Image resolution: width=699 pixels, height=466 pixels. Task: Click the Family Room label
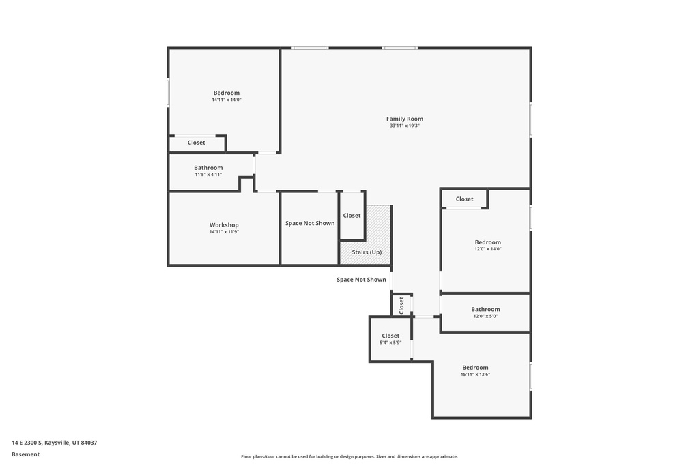(405, 119)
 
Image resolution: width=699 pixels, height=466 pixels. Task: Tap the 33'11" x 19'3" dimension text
(405, 126)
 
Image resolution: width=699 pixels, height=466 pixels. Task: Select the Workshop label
(224, 225)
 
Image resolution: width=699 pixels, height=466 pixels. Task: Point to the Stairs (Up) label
(367, 252)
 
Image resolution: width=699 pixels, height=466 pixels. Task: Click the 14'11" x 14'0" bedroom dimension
(227, 100)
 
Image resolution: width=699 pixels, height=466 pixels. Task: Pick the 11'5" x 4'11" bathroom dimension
(208, 175)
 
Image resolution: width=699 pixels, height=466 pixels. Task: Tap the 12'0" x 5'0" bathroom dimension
(485, 317)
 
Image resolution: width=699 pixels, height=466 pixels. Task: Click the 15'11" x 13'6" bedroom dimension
(475, 375)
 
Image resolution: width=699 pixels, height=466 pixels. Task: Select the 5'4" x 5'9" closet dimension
(390, 343)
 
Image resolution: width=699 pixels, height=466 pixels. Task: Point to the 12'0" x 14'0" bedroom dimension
(487, 249)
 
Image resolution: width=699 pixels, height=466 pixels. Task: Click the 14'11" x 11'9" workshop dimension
(224, 232)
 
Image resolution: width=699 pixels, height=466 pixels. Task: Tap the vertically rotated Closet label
(401, 305)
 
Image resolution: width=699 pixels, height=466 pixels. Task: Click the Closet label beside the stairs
(352, 215)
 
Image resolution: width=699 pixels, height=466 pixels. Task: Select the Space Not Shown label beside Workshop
(310, 223)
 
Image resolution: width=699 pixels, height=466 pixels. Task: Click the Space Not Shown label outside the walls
(361, 280)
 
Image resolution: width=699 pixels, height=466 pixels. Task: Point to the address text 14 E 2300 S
(27, 443)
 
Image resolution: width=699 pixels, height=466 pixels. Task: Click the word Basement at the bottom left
(25, 454)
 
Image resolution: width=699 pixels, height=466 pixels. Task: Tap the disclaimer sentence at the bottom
(349, 456)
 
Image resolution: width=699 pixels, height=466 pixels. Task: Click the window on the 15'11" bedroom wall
(530, 377)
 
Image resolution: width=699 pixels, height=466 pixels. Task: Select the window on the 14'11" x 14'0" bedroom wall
(169, 92)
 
